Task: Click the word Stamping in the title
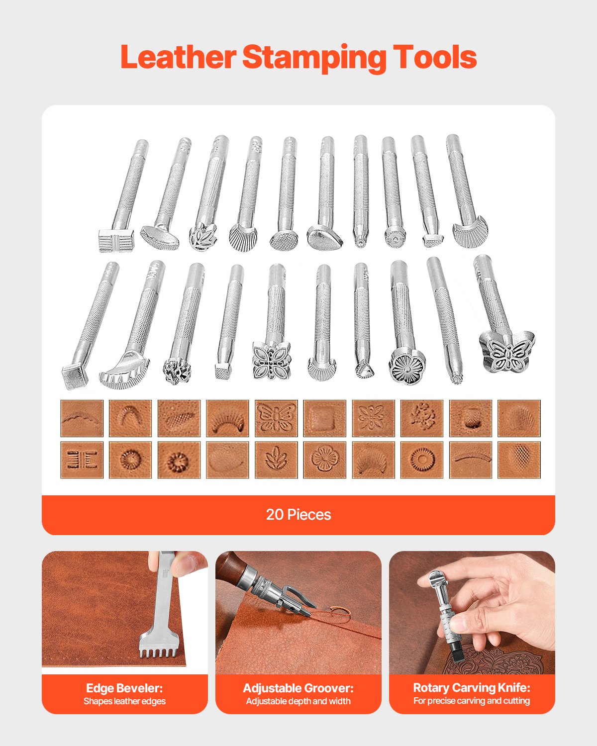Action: (314, 58)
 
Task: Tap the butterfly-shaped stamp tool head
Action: (507, 352)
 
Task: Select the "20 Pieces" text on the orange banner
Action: (298, 514)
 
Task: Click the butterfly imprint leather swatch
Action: (276, 418)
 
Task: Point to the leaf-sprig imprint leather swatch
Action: (276, 460)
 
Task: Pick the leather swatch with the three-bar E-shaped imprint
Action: (82, 460)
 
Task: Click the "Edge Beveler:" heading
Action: (124, 688)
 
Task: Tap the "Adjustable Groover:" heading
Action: (298, 688)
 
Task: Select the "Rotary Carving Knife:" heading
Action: (472, 688)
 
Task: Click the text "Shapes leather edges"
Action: (124, 702)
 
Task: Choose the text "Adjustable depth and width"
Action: (298, 702)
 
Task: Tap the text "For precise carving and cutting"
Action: (472, 701)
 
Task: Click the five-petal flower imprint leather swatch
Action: (325, 460)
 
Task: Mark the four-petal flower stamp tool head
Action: (271, 361)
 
